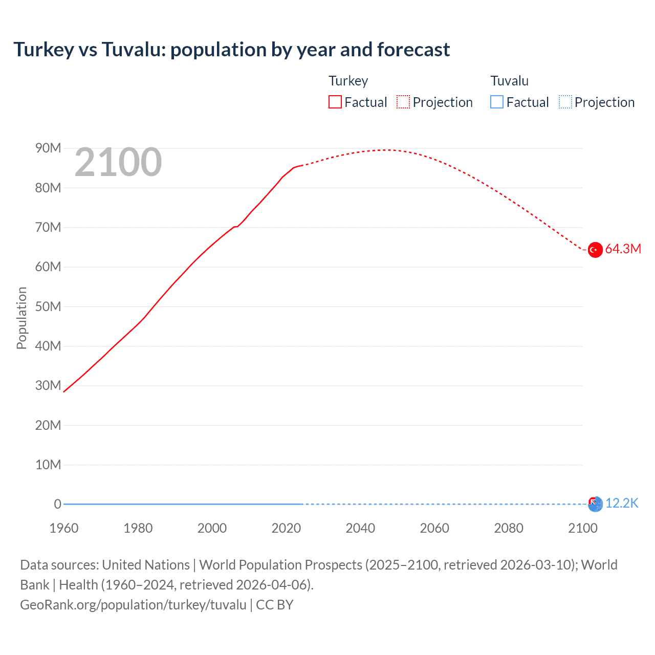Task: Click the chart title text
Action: click(x=231, y=50)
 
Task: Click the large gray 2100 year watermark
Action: click(x=118, y=163)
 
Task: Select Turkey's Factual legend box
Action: click(x=335, y=102)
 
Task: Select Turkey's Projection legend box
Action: click(x=403, y=102)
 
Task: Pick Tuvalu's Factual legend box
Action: click(x=497, y=102)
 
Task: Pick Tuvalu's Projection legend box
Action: click(x=565, y=102)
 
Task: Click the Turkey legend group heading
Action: click(x=348, y=81)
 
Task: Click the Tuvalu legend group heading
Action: click(x=509, y=81)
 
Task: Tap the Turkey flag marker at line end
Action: click(x=595, y=250)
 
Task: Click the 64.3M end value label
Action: click(x=623, y=249)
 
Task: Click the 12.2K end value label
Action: click(x=622, y=504)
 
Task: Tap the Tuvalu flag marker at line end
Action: click(x=595, y=505)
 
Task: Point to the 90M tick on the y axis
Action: click(x=48, y=148)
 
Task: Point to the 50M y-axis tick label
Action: click(x=48, y=307)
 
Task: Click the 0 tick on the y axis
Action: click(x=57, y=504)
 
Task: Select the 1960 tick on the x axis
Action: click(x=64, y=528)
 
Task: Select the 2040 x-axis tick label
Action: click(x=360, y=528)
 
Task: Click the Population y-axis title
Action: click(x=21, y=318)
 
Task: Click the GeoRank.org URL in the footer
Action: click(x=133, y=605)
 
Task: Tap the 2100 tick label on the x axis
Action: click(x=582, y=528)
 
